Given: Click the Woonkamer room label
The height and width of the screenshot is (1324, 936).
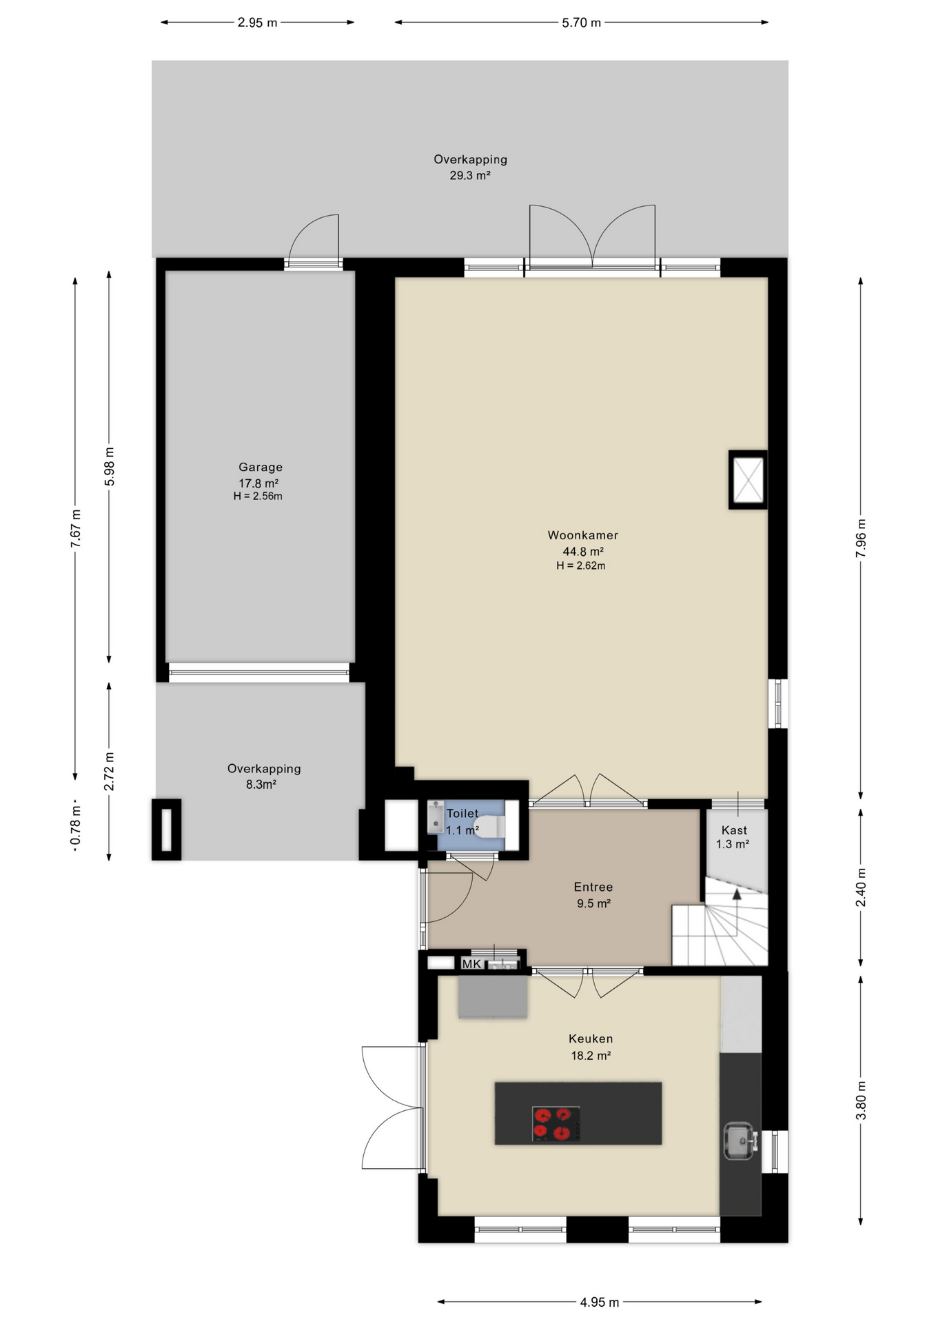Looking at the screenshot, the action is [582, 535].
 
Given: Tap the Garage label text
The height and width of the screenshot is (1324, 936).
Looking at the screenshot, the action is [261, 468].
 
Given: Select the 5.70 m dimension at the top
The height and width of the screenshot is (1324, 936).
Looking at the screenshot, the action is [581, 23].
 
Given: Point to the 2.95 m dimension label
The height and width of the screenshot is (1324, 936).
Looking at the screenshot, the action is [257, 23].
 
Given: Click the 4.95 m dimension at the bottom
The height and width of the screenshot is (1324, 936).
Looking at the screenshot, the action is [599, 1303].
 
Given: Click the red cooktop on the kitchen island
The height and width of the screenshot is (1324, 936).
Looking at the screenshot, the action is [556, 1124].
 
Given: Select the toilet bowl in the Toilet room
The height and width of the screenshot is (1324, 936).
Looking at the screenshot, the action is [489, 826].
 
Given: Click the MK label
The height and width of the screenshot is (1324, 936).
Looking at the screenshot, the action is [471, 964].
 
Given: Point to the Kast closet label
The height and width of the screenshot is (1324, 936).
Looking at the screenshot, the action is [734, 830].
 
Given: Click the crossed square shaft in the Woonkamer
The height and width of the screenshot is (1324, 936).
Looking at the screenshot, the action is [748, 480].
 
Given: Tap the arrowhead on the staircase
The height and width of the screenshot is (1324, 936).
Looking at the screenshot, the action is [737, 894].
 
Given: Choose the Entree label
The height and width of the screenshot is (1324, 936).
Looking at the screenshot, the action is [593, 887].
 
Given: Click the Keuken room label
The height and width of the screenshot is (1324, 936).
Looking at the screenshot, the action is [591, 1039].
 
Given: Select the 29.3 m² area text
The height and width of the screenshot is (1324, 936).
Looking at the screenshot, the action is [470, 176].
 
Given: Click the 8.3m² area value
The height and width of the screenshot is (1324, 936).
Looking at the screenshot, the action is [261, 785].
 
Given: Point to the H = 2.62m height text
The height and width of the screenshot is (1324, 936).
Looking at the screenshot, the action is [581, 566].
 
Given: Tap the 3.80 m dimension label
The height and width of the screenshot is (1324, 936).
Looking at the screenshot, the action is [861, 1101].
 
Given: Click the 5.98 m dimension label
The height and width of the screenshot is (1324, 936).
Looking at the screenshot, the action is [110, 466].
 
